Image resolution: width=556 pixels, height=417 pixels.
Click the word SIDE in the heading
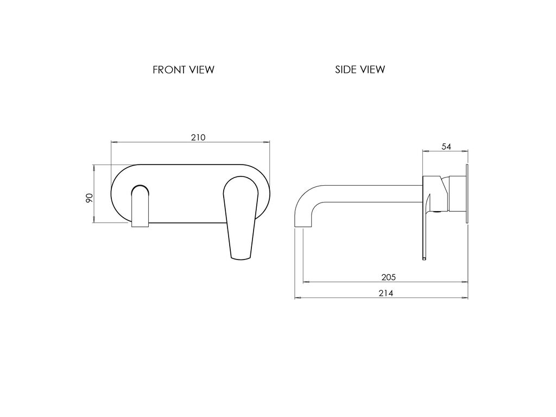tap(345, 69)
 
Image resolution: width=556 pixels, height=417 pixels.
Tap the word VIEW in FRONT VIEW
tap(201, 70)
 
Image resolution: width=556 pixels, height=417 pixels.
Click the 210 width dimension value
tap(198, 137)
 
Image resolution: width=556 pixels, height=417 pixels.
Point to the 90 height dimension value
tap(89, 198)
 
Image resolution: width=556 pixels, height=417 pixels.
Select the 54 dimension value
tap(446, 147)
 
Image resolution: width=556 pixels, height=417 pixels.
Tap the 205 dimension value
tap(388, 277)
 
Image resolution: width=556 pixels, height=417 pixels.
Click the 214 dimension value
tap(386, 293)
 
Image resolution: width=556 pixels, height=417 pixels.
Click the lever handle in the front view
tap(241, 217)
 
